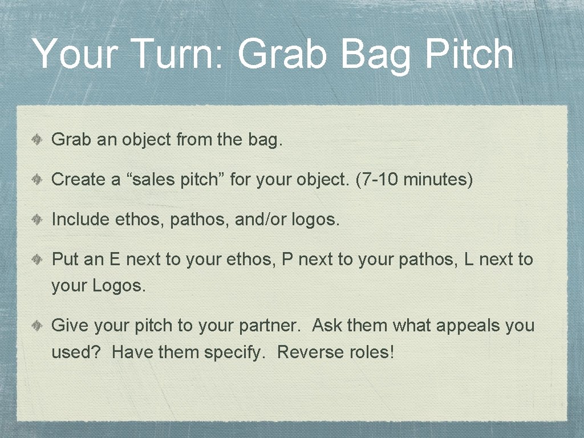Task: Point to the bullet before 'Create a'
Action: point(36,180)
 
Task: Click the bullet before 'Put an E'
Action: point(36,260)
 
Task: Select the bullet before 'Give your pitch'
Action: point(36,326)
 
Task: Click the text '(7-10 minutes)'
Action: point(413,180)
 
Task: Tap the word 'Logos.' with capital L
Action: point(119,286)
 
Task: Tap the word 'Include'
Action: point(81,220)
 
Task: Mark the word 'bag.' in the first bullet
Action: point(265,140)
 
